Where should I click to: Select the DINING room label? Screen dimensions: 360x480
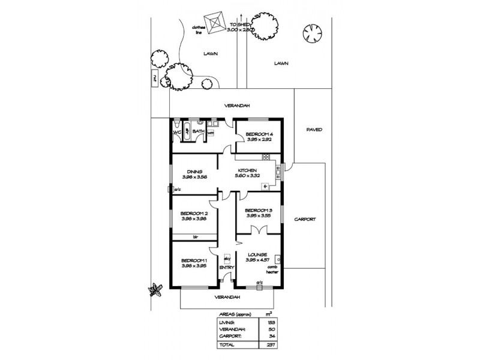[193, 171]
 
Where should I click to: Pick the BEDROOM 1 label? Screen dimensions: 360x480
[193, 260]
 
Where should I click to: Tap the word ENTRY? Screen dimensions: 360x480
[226, 267]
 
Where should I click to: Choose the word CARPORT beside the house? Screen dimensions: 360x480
[305, 220]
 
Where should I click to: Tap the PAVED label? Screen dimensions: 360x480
[314, 129]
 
